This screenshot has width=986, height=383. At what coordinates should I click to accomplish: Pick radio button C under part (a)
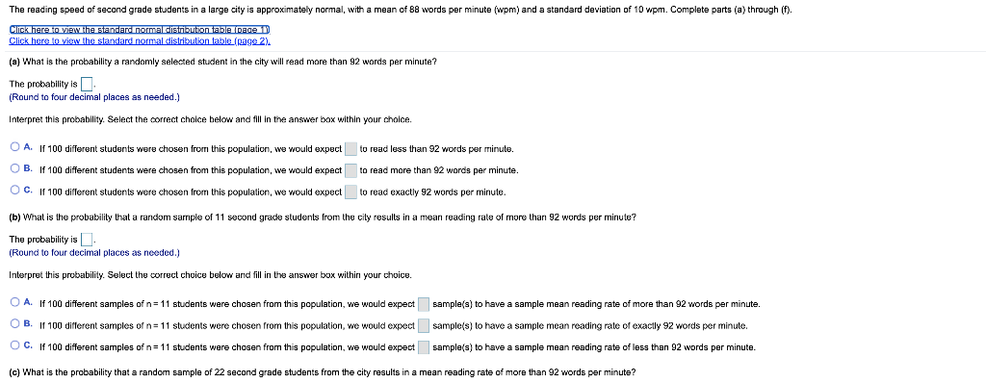click(14, 191)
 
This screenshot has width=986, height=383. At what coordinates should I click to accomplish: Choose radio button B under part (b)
click(14, 324)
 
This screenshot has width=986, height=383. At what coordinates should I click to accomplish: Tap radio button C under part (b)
click(14, 345)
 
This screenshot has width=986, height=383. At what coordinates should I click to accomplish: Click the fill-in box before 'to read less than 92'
click(351, 149)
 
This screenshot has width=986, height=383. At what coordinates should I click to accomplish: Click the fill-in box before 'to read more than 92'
click(351, 170)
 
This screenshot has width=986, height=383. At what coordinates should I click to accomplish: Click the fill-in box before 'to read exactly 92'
click(351, 191)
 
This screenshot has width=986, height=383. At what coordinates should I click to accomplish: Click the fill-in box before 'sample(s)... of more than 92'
click(424, 304)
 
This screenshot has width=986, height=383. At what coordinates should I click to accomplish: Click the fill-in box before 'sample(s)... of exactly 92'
click(424, 325)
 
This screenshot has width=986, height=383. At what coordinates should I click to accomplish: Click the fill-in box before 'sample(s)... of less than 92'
click(424, 346)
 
